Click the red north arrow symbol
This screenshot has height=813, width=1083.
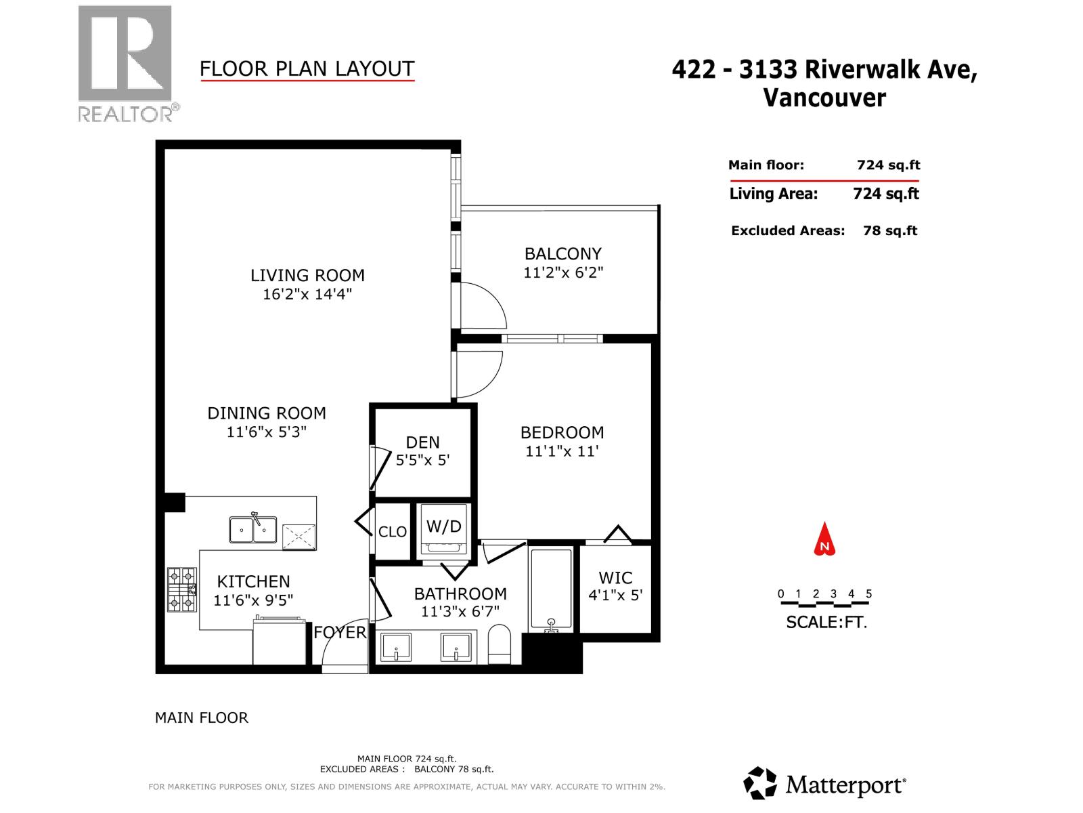click(824, 539)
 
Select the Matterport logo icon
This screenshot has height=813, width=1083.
click(760, 784)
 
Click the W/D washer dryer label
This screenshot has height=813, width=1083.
click(444, 526)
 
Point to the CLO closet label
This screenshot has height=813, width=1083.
click(393, 532)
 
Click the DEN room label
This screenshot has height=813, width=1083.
click(423, 442)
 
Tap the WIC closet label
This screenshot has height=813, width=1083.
click(615, 578)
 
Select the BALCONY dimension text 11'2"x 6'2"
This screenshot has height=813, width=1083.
click(563, 272)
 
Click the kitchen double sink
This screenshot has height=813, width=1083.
click(252, 529)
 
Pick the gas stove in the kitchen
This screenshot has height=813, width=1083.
click(181, 589)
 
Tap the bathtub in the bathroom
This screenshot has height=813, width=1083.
click(551, 589)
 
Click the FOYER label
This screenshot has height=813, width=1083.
click(340, 632)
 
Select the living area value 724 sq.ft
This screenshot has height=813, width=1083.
click(885, 194)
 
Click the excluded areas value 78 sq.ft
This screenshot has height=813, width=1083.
click(890, 230)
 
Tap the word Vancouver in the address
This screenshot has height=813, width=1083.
click(824, 98)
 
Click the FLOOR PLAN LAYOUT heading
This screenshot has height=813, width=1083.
click(307, 68)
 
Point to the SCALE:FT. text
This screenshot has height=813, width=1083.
click(826, 622)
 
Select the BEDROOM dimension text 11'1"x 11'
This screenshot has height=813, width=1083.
click(562, 451)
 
